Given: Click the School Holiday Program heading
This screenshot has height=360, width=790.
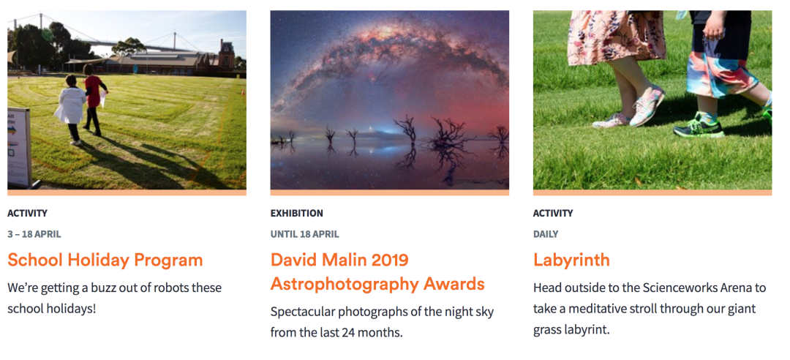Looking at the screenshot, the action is pyautogui.click(x=105, y=260).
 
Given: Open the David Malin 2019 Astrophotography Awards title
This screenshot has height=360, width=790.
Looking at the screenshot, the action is pyautogui.click(x=377, y=272).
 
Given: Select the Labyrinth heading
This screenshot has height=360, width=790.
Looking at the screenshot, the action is pyautogui.click(x=571, y=260).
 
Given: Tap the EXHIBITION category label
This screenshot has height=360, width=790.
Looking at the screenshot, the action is pyautogui.click(x=297, y=213).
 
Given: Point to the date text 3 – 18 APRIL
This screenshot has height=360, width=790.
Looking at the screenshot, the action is pyautogui.click(x=34, y=234).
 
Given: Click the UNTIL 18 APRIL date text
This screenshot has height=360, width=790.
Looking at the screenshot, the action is pyautogui.click(x=305, y=234).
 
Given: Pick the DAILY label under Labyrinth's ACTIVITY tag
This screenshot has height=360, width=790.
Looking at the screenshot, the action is pyautogui.click(x=546, y=234).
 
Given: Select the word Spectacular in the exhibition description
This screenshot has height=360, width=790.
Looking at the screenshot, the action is pyautogui.click(x=302, y=312).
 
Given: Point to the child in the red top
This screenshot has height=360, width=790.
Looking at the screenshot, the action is pyautogui.click(x=94, y=100).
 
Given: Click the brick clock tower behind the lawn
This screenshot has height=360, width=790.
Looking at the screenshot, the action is pyautogui.click(x=226, y=54).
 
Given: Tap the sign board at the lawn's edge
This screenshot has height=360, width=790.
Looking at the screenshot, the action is pyautogui.click(x=19, y=147).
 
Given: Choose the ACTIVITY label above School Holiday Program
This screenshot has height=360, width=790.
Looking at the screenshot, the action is pyautogui.click(x=27, y=213).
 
